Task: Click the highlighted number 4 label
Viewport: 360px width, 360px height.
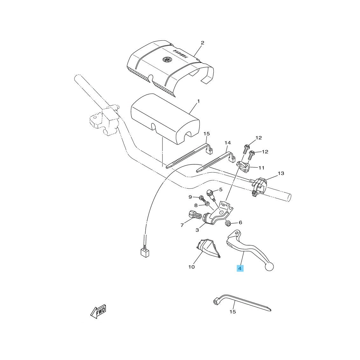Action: point(240,268)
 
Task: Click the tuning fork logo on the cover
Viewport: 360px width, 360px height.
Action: point(167,59)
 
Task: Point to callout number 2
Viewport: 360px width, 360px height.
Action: point(202,43)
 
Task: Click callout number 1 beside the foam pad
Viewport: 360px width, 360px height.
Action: point(198,101)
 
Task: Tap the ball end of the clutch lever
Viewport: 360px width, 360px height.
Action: point(269,267)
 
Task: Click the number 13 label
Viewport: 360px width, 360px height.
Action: point(281,173)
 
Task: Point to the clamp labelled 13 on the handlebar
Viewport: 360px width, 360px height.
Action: point(259,187)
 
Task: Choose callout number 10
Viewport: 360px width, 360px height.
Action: point(191,267)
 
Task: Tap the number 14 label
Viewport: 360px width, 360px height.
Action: point(227,143)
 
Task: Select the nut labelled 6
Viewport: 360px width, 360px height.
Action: point(228,223)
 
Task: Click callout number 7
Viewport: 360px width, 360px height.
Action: point(182,225)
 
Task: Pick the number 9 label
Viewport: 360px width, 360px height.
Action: point(190,197)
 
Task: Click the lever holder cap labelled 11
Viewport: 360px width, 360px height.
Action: point(243,167)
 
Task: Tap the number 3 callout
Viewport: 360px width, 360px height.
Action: point(197,230)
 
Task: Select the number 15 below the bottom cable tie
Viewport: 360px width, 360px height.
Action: point(232,312)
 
